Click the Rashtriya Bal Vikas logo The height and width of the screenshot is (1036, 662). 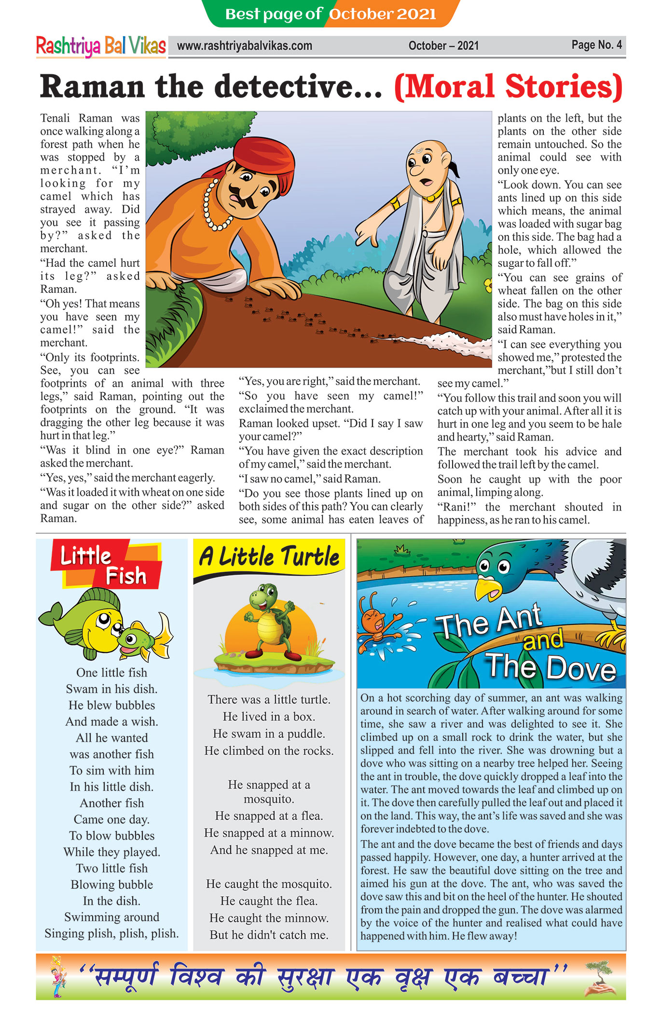point(101,46)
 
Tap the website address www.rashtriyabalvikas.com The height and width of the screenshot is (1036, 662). point(245,46)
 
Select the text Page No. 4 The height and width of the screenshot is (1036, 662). point(596,45)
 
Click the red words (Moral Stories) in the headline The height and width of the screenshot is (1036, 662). point(508,87)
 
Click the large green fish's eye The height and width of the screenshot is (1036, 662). point(103,620)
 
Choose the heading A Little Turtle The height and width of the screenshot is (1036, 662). point(269,557)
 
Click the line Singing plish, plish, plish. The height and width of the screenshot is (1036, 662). point(111,934)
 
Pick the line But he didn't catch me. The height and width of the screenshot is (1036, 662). point(269,935)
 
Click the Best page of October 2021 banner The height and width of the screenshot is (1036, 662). point(331,14)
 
